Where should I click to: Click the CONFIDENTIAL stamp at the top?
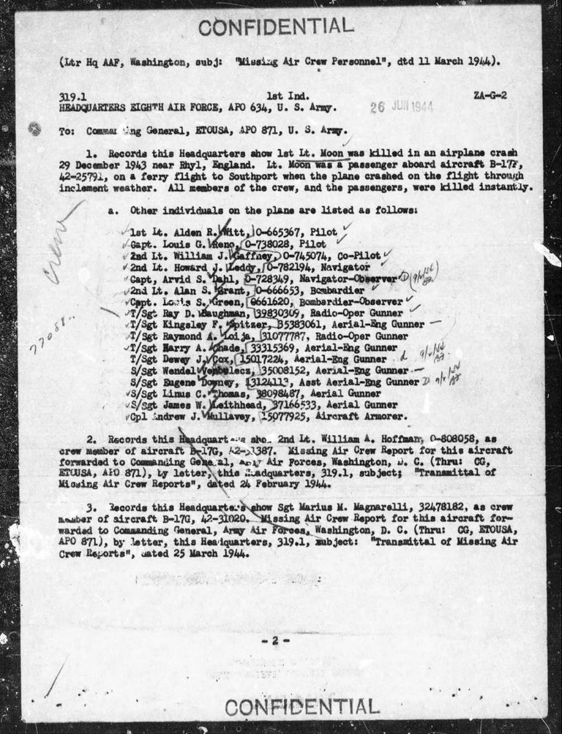276,27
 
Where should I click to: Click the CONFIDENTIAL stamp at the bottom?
302,707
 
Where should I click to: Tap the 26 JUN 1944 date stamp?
401,106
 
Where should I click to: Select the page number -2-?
276,640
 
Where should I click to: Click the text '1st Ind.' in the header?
282,96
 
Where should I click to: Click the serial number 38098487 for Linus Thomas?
263,393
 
